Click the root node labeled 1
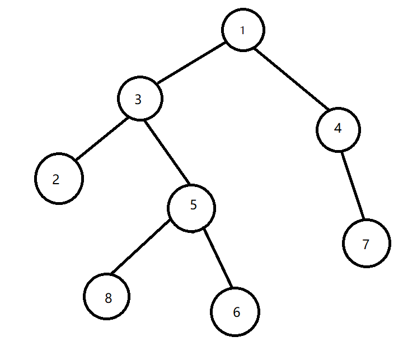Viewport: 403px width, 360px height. point(243,30)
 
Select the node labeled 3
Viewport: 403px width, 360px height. point(140,99)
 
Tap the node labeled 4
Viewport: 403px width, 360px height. point(338,129)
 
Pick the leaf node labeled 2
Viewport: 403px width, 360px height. point(59,179)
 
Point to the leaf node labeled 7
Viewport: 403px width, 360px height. point(367,244)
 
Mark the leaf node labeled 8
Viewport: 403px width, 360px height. point(107,297)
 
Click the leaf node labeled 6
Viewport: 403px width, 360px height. point(235,312)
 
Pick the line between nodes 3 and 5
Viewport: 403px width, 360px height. point(167,153)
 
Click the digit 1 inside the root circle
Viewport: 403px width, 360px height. point(242,30)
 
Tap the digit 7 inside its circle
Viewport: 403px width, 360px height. point(366,245)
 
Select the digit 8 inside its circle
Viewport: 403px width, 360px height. point(108,298)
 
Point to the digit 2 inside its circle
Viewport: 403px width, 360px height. point(55,180)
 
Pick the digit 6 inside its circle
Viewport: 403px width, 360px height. point(236,312)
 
